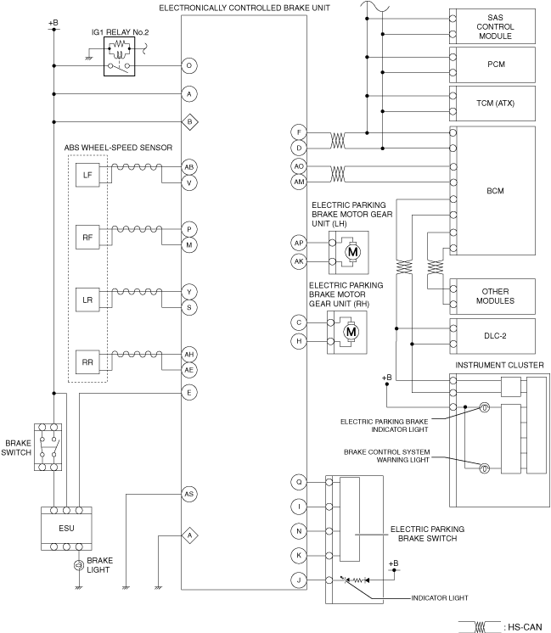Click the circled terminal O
click(x=189, y=65)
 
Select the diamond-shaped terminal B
click(x=189, y=121)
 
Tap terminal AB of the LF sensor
click(x=189, y=166)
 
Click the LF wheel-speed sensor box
click(x=87, y=175)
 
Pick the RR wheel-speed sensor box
click(x=87, y=362)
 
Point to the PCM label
click(x=496, y=64)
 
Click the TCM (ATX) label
click(x=495, y=104)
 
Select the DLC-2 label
click(x=495, y=336)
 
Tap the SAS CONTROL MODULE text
click(x=495, y=26)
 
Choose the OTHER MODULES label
click(x=495, y=296)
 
